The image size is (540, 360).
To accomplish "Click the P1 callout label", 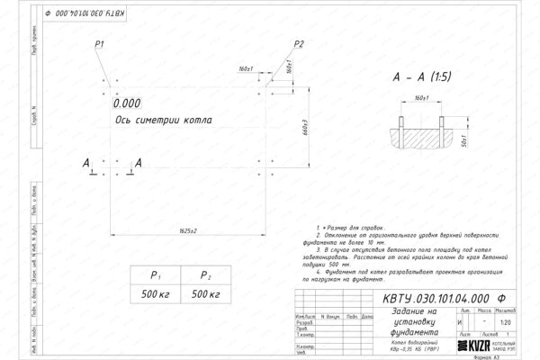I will click(x=100, y=44).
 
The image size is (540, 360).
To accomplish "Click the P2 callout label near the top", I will click(x=300, y=44).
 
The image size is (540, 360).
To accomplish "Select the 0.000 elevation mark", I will click(x=128, y=103).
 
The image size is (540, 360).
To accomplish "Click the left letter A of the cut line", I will click(x=86, y=163).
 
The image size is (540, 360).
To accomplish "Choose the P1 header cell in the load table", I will click(x=155, y=276).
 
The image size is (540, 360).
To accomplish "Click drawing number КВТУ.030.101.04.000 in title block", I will click(x=445, y=298).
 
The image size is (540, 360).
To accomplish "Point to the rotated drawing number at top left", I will click(x=79, y=16).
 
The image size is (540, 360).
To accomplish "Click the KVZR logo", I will click(x=477, y=346).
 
